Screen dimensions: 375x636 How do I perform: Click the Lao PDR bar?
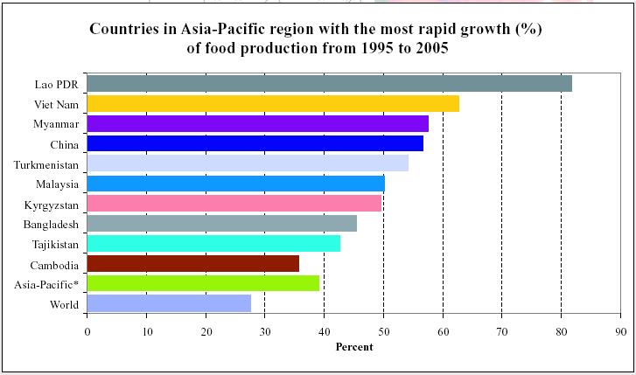(329, 83)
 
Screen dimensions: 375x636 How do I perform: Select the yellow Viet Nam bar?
(273, 103)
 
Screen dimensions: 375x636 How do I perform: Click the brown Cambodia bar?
(193, 263)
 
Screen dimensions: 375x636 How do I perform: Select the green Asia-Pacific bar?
(204, 283)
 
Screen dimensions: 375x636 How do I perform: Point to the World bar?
(169, 303)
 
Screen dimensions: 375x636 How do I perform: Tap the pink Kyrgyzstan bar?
(234, 204)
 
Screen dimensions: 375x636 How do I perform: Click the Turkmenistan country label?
(46, 164)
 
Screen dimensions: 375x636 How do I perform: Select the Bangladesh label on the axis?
(51, 225)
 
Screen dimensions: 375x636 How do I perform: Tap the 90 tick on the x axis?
(620, 331)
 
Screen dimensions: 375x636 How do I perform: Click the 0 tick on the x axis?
(87, 331)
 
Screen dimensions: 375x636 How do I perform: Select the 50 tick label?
(383, 331)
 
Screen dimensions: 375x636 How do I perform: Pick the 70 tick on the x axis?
(501, 331)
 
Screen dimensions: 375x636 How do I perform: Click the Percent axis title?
(354, 347)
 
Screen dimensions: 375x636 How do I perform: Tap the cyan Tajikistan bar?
(213, 243)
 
